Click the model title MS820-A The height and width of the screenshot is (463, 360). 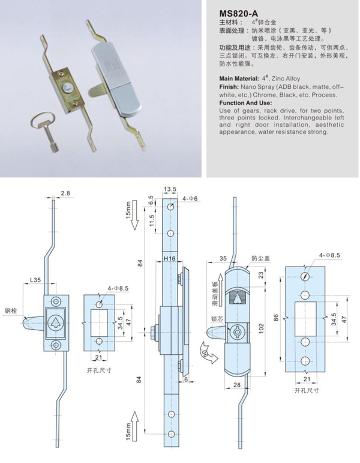coord(239,13)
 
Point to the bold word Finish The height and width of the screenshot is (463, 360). coord(227,87)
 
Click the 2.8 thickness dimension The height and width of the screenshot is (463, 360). coord(65,193)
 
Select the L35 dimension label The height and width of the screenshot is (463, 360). coord(35,279)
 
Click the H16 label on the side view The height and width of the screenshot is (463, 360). coord(169,260)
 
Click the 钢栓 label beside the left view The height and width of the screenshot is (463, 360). coord(11,311)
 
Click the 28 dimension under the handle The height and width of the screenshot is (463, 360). coord(236,384)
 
